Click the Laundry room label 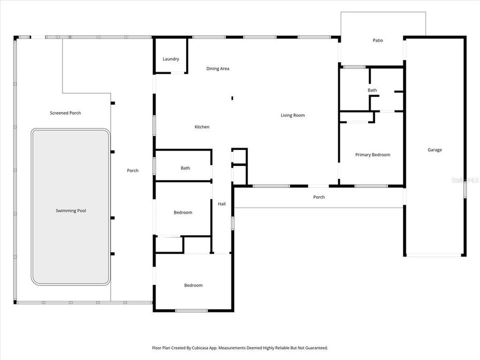pos(170,59)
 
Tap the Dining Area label pos(217,68)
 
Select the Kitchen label pos(202,127)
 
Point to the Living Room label pos(292,115)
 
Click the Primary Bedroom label pos(372,155)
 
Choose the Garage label pos(434,150)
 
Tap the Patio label pos(377,40)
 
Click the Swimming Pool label pos(70,211)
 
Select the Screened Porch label pos(65,113)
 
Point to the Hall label pos(221,203)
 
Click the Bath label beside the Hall pos(185,168)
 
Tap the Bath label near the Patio pos(372,90)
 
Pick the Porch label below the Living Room pos(319,197)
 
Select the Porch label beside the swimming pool pos(132,171)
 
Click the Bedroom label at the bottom pos(193,285)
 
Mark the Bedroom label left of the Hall pos(183,212)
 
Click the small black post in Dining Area pos(232,98)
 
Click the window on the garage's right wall pos(464,189)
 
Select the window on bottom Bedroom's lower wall pos(191,310)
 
